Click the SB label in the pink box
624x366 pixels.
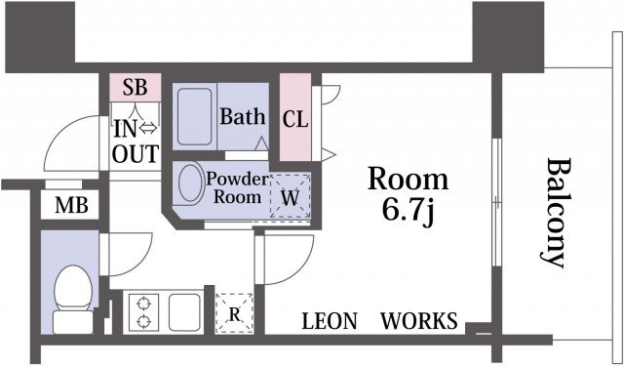click(x=135, y=87)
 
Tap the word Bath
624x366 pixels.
click(x=243, y=117)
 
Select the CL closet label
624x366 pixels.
click(x=295, y=119)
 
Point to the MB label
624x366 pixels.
click(x=71, y=206)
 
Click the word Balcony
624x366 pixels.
click(x=554, y=213)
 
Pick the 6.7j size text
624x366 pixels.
click(x=408, y=212)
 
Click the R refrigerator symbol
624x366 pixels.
click(x=234, y=313)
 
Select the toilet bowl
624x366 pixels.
click(x=73, y=288)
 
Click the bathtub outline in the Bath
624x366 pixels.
click(x=195, y=117)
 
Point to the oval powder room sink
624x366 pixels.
click(x=191, y=183)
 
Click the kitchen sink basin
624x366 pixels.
click(x=184, y=312)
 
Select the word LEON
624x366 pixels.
click(x=330, y=321)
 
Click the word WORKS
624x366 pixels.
click(x=419, y=320)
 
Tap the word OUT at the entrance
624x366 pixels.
click(x=136, y=154)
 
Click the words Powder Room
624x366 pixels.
click(x=237, y=188)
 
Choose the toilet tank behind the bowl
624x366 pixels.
click(x=73, y=322)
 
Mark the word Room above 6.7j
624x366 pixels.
click(x=409, y=180)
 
